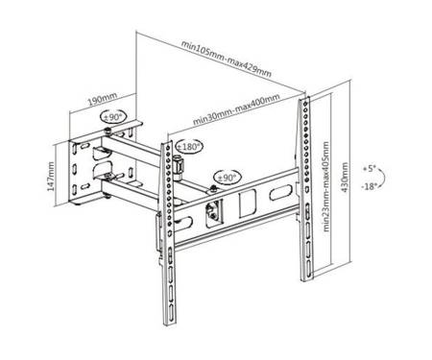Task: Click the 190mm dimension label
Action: pos(103,99)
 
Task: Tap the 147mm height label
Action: pos(51,177)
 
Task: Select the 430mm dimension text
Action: pos(345,178)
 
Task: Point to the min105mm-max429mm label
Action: pos(227,59)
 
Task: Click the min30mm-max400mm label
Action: pos(236,109)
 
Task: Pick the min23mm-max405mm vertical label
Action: pos(326,186)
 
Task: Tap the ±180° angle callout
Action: pos(189,147)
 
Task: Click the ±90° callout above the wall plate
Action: pos(114,117)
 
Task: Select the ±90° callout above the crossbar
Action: pos(227,178)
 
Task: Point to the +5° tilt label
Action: pos(369,169)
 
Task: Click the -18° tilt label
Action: pos(369,186)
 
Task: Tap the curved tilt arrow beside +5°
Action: pos(383,177)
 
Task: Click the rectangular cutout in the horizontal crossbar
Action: pos(248,204)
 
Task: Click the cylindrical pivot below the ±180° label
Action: pos(178,166)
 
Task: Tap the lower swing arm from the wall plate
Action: pos(132,191)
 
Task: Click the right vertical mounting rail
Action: pos(305,189)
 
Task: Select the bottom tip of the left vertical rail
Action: pos(166,325)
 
